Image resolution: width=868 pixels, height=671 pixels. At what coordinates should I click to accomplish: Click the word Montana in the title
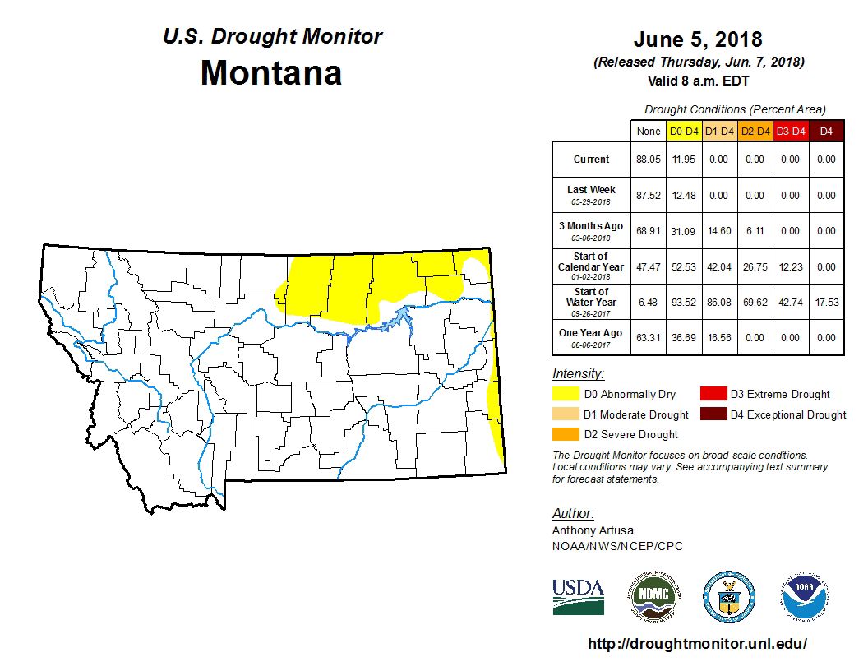click(271, 72)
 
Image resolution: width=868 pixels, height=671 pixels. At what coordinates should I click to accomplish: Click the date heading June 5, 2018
click(698, 39)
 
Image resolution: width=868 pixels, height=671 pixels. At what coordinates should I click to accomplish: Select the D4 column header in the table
click(826, 131)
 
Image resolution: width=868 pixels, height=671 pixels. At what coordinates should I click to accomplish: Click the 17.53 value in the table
click(826, 303)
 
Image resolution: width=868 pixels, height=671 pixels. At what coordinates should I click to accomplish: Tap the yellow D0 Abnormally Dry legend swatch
click(564, 395)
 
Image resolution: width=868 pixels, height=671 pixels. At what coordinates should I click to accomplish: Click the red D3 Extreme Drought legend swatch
click(713, 395)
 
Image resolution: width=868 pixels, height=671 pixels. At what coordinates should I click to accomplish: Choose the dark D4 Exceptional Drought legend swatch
click(713, 414)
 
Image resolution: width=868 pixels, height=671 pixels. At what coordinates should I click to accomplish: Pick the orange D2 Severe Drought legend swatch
click(564, 434)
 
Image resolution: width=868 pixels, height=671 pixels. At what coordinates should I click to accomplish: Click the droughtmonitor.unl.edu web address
click(698, 644)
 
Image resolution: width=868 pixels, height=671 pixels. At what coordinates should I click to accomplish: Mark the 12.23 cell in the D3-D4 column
click(790, 266)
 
